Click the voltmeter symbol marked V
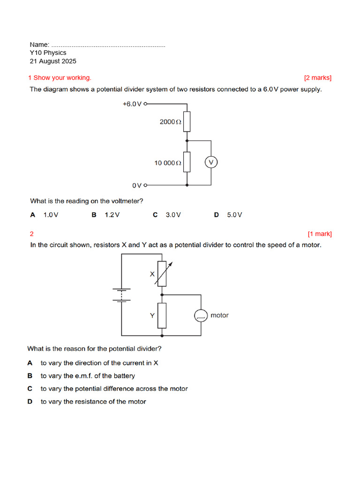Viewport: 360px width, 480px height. (211, 162)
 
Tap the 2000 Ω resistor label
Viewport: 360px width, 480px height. (170, 122)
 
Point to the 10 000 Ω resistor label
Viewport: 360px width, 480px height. (167, 163)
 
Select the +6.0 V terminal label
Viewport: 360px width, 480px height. (132, 104)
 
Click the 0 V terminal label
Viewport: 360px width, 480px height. (137, 186)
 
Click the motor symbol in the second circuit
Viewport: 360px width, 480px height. (201, 315)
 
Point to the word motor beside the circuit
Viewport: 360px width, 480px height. (219, 315)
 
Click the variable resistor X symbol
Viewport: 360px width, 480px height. (162, 274)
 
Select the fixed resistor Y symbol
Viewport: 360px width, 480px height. (162, 315)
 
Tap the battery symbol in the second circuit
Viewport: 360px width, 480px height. (122, 295)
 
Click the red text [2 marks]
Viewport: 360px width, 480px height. (317, 78)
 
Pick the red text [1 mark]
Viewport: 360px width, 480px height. (319, 233)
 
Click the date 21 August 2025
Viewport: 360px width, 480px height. (53, 61)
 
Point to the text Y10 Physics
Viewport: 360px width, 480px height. (48, 53)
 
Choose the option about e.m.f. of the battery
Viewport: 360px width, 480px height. (88, 375)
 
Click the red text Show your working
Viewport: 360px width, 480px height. (62, 78)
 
